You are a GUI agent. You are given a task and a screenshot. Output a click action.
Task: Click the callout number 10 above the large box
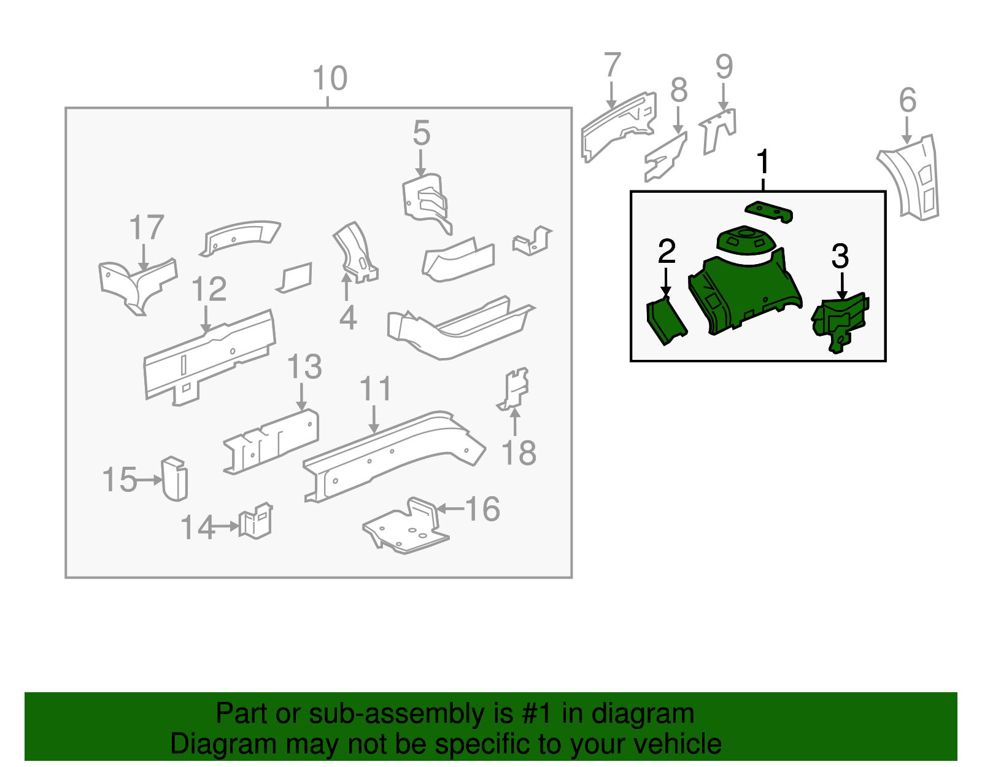click(330, 79)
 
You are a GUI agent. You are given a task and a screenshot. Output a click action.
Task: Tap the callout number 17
click(147, 228)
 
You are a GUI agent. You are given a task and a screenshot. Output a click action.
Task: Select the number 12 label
click(209, 289)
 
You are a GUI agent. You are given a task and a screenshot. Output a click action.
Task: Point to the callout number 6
click(907, 100)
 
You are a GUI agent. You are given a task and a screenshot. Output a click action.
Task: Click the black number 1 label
click(762, 163)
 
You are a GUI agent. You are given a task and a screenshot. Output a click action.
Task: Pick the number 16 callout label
click(483, 509)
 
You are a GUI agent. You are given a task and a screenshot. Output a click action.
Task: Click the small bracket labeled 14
click(257, 521)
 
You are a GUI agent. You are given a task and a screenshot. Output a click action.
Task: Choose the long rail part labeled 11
click(393, 454)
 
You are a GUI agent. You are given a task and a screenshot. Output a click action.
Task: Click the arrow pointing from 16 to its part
click(450, 508)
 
